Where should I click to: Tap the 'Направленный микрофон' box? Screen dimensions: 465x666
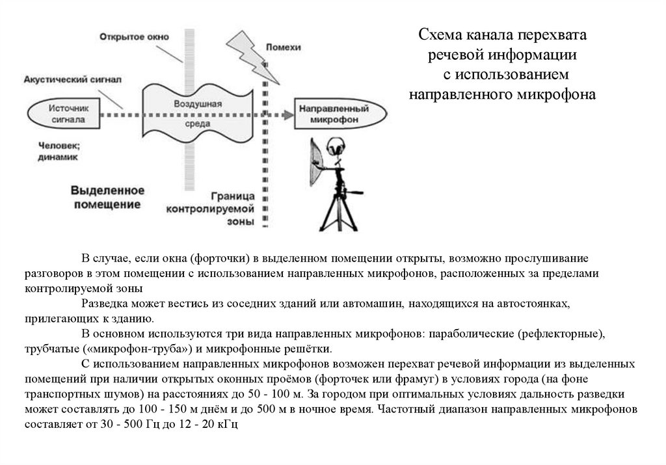[x=340, y=114]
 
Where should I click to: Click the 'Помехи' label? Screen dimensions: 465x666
[x=285, y=47]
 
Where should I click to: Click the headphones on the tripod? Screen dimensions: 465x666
[x=337, y=147]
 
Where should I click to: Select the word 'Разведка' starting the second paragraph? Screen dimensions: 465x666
[x=103, y=304]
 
